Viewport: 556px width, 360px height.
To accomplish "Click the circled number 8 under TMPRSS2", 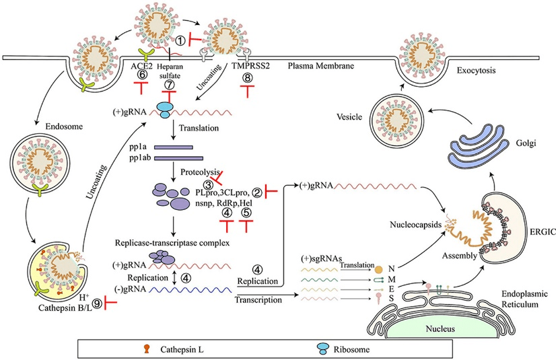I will pos(248,78).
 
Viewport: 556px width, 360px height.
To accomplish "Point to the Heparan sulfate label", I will pos(170,71).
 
